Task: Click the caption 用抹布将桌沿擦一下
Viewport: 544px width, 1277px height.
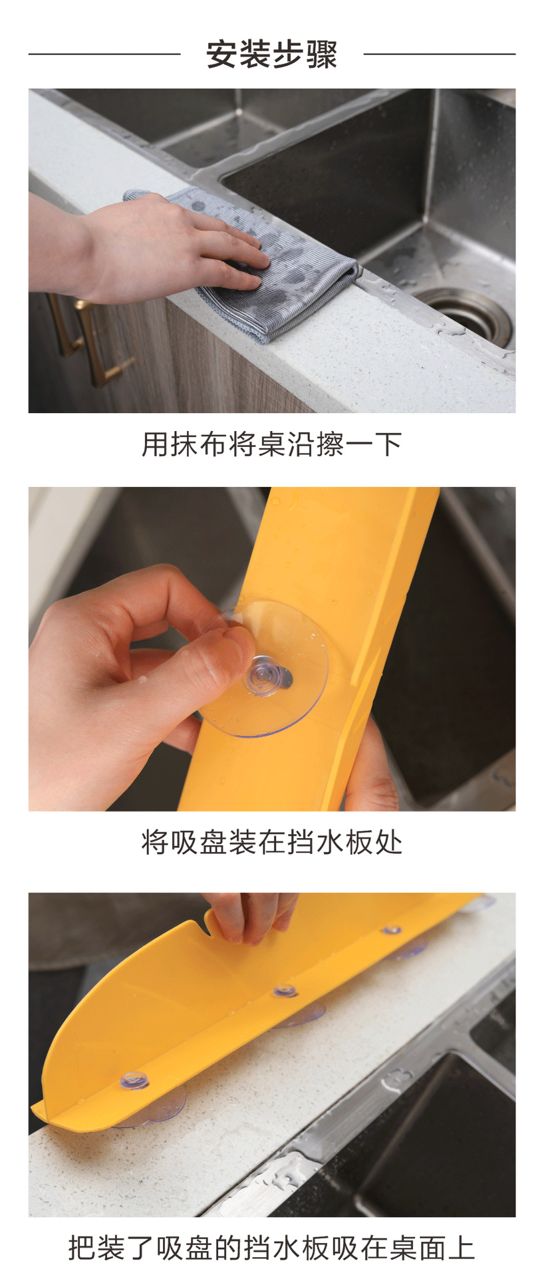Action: pyautogui.click(x=272, y=444)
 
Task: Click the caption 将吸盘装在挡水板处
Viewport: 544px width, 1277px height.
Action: pyautogui.click(x=272, y=842)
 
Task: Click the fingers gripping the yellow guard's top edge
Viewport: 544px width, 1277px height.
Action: pyautogui.click(x=249, y=918)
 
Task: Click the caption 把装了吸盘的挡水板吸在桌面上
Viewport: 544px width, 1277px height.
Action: pyautogui.click(x=272, y=1248)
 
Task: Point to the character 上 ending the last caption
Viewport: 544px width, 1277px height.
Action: pyautogui.click(x=462, y=1248)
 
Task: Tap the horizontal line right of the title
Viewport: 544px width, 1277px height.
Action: pyautogui.click(x=440, y=54)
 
